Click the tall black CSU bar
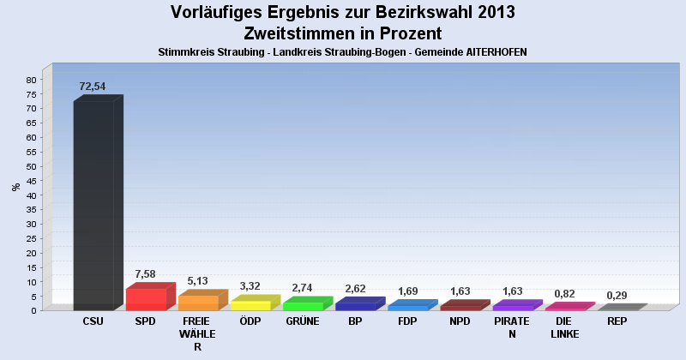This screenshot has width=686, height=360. [x=93, y=206]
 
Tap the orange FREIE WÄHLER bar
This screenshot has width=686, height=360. [x=198, y=303]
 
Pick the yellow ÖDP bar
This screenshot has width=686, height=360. [x=250, y=305]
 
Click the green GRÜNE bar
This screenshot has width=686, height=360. [x=303, y=306]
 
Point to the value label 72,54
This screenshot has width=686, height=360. [x=93, y=87]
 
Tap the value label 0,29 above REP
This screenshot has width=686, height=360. [x=617, y=295]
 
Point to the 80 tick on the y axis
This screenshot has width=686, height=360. [x=31, y=80]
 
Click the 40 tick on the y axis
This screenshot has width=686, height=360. [x=31, y=195]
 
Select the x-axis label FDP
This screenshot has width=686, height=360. [x=407, y=322]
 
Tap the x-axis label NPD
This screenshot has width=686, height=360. [x=460, y=322]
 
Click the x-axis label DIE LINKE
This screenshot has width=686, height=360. [x=564, y=328]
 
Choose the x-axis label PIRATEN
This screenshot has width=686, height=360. [x=512, y=328]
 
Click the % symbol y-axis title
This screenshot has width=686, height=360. [x=15, y=187]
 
